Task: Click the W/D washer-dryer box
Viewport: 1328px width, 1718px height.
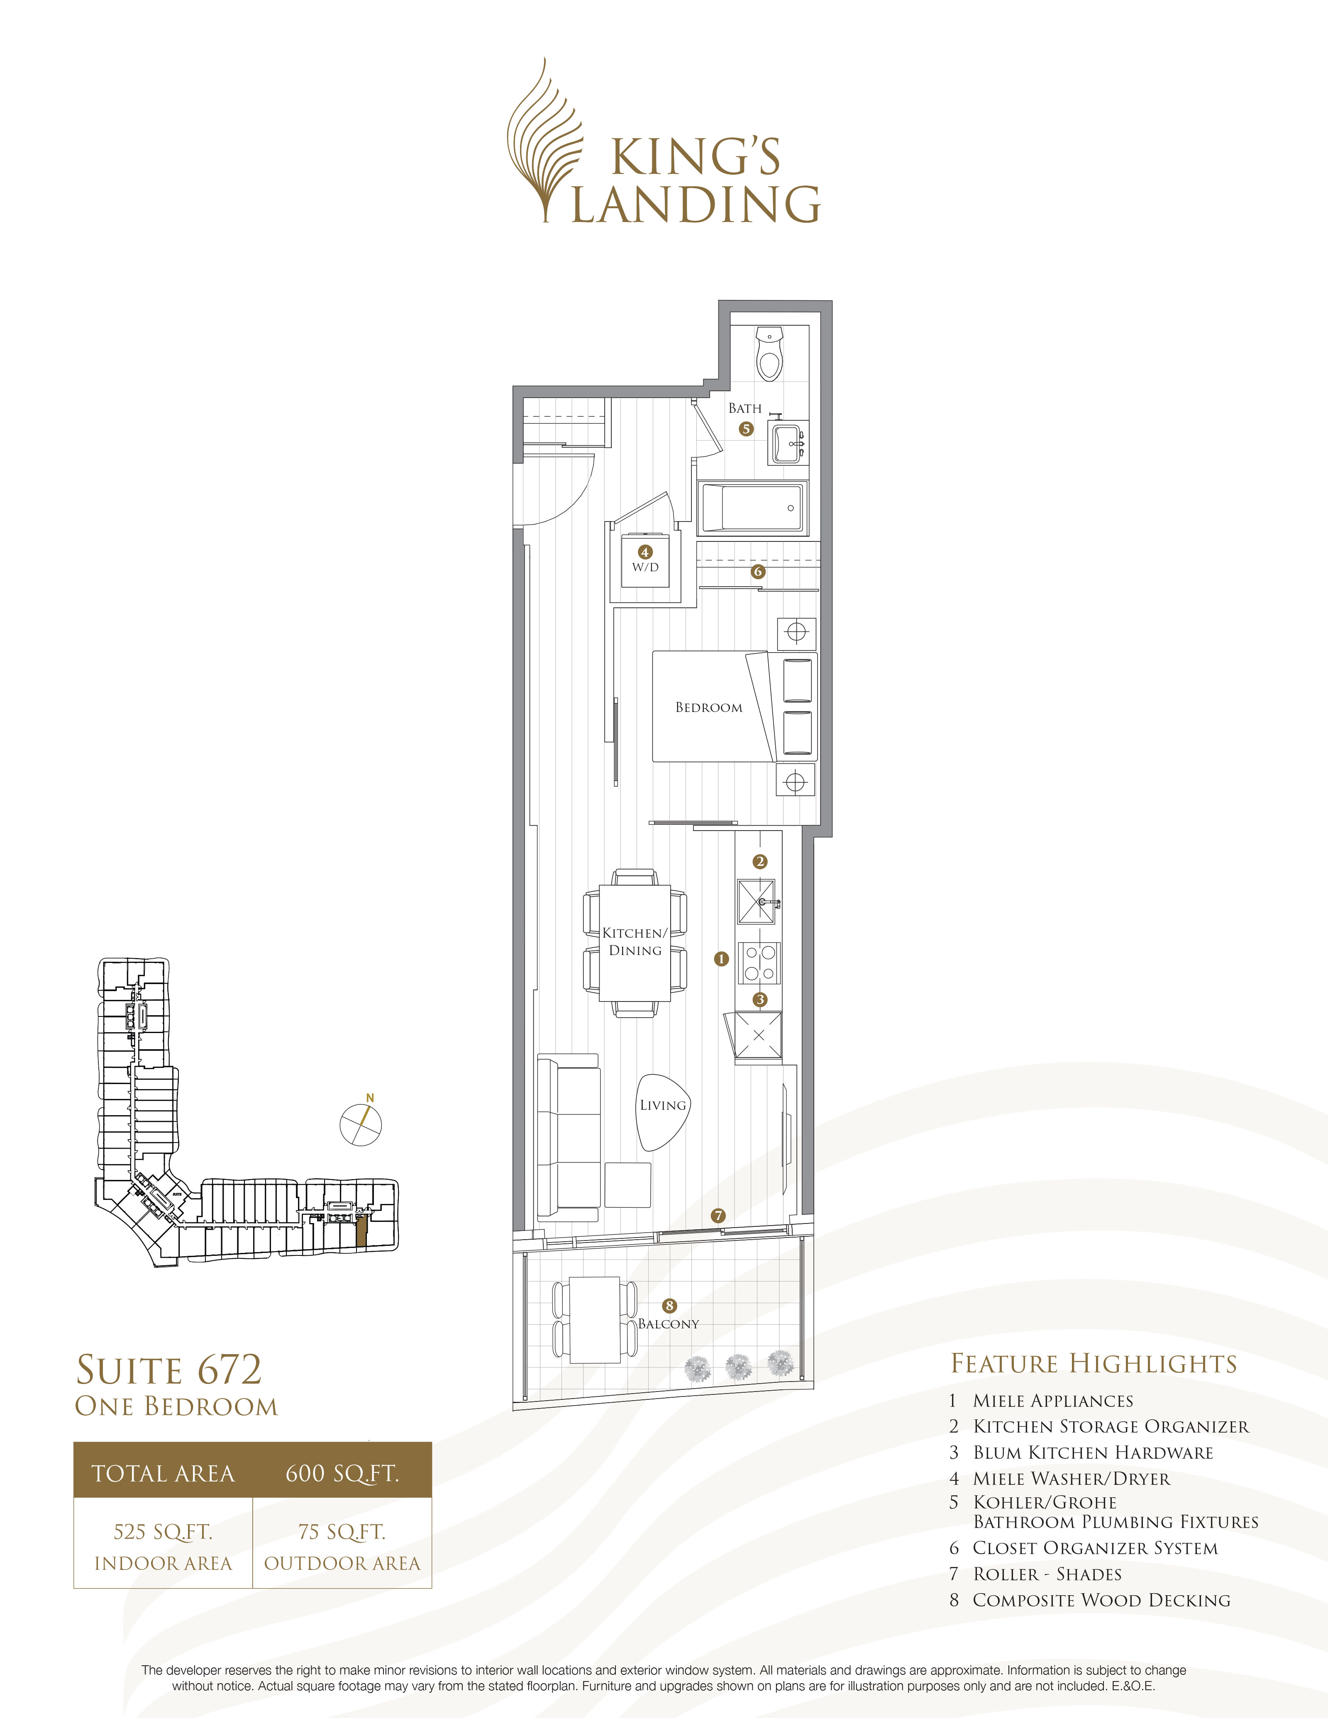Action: coord(645,561)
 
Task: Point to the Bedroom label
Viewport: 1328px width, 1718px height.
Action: coord(708,707)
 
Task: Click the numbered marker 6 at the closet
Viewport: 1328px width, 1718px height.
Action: coord(758,572)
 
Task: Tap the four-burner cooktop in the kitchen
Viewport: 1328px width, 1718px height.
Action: coord(759,963)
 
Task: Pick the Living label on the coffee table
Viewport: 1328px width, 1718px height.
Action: coord(662,1105)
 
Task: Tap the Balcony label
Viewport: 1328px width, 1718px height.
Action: coord(668,1324)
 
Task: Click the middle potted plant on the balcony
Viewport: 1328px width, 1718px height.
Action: coord(738,1367)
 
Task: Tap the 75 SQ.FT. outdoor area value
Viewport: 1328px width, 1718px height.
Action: coord(342,1532)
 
